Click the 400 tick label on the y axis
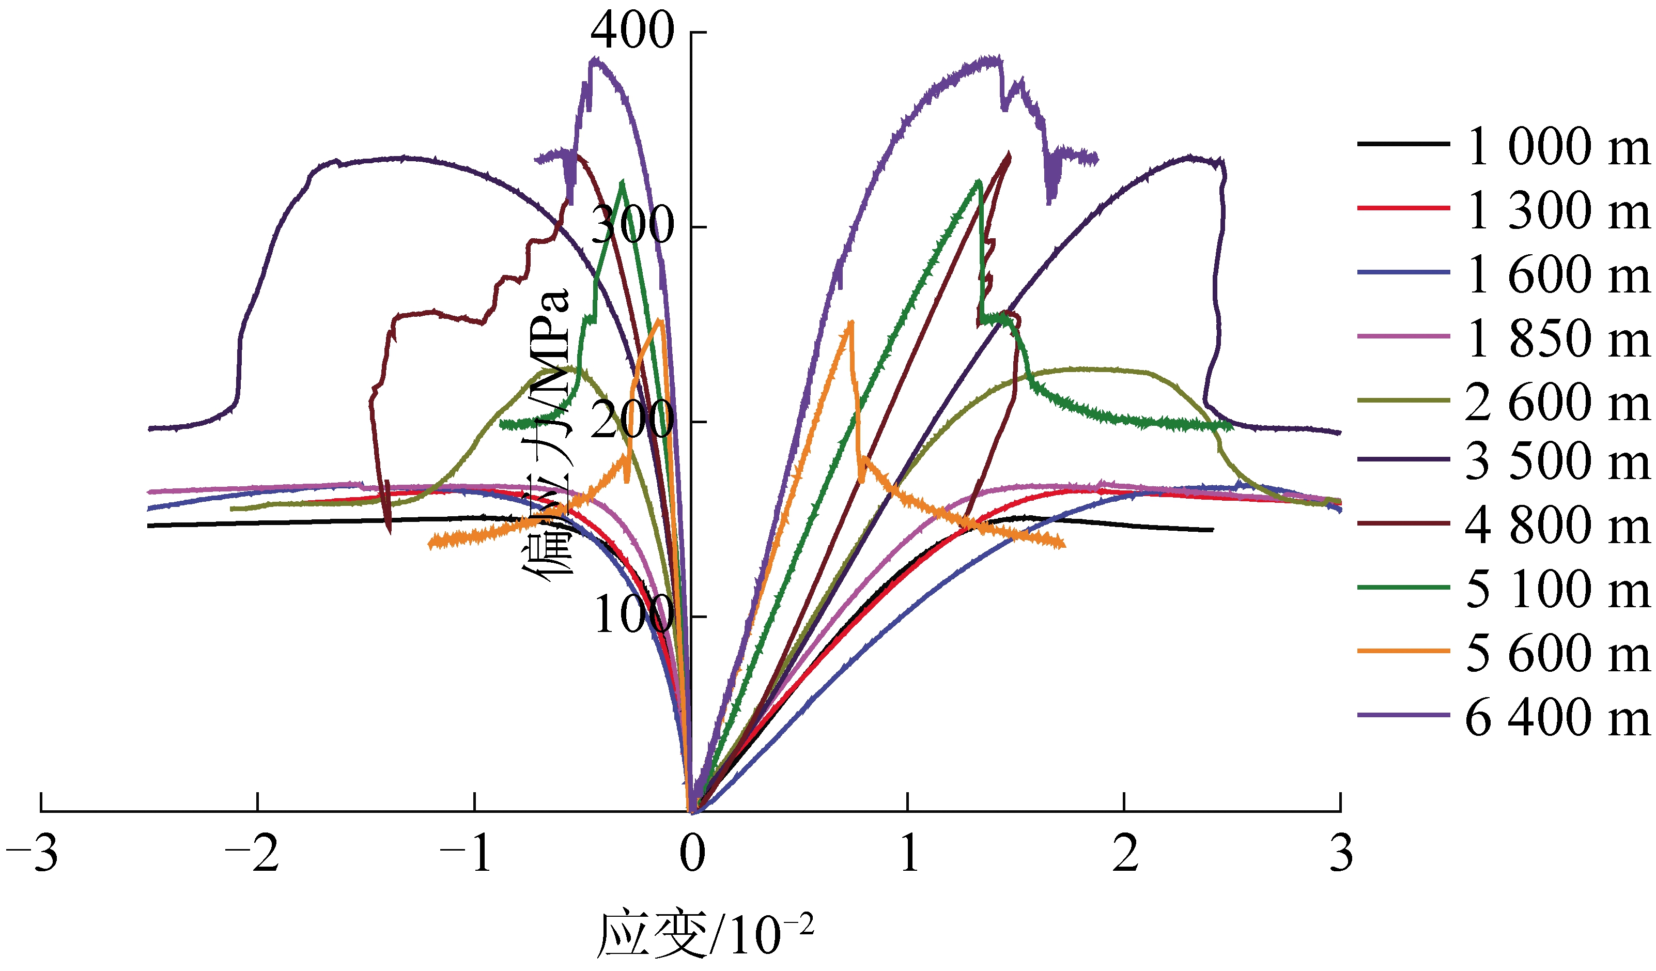pyautogui.click(x=631, y=31)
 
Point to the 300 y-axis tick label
pyautogui.click(x=631, y=225)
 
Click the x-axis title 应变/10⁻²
pyautogui.click(x=704, y=933)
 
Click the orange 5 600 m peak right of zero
pyautogui.click(x=851, y=322)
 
